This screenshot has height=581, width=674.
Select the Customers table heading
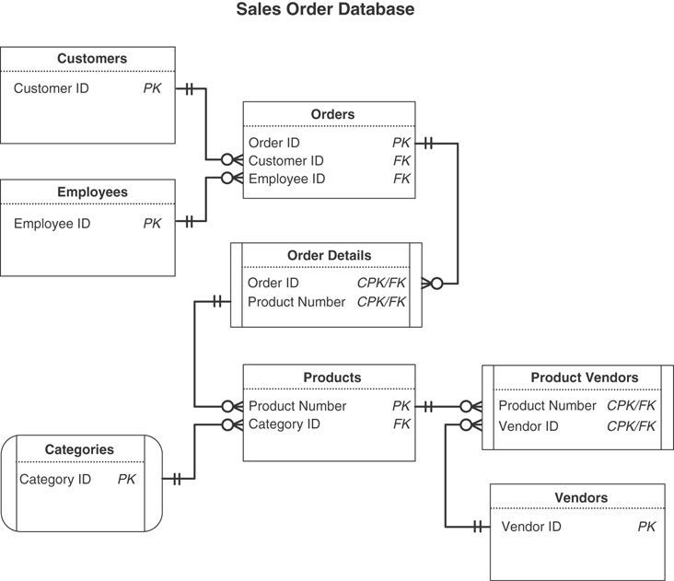point(92,59)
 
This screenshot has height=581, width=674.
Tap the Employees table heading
point(92,192)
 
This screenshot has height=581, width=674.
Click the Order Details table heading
point(330,256)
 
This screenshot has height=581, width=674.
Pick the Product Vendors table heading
point(584,378)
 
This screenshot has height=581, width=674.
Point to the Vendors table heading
point(581,498)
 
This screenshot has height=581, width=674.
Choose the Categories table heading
point(79,450)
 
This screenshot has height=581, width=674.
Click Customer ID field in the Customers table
point(52,89)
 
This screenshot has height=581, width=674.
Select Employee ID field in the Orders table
point(286,179)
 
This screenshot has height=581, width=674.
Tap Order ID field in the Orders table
point(273,143)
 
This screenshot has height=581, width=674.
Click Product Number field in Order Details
point(296,302)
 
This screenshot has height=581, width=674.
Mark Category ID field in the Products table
point(285,424)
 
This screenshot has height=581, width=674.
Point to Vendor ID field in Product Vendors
point(529,426)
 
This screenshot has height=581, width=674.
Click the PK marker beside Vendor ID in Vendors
point(646,527)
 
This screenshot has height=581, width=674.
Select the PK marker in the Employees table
point(152,224)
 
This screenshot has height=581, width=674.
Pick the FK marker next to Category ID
point(401,424)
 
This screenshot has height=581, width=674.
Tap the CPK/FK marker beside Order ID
point(381,284)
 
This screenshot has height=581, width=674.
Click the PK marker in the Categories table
point(126,480)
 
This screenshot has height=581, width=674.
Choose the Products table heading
point(331,378)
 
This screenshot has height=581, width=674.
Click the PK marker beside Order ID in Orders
point(401,143)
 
